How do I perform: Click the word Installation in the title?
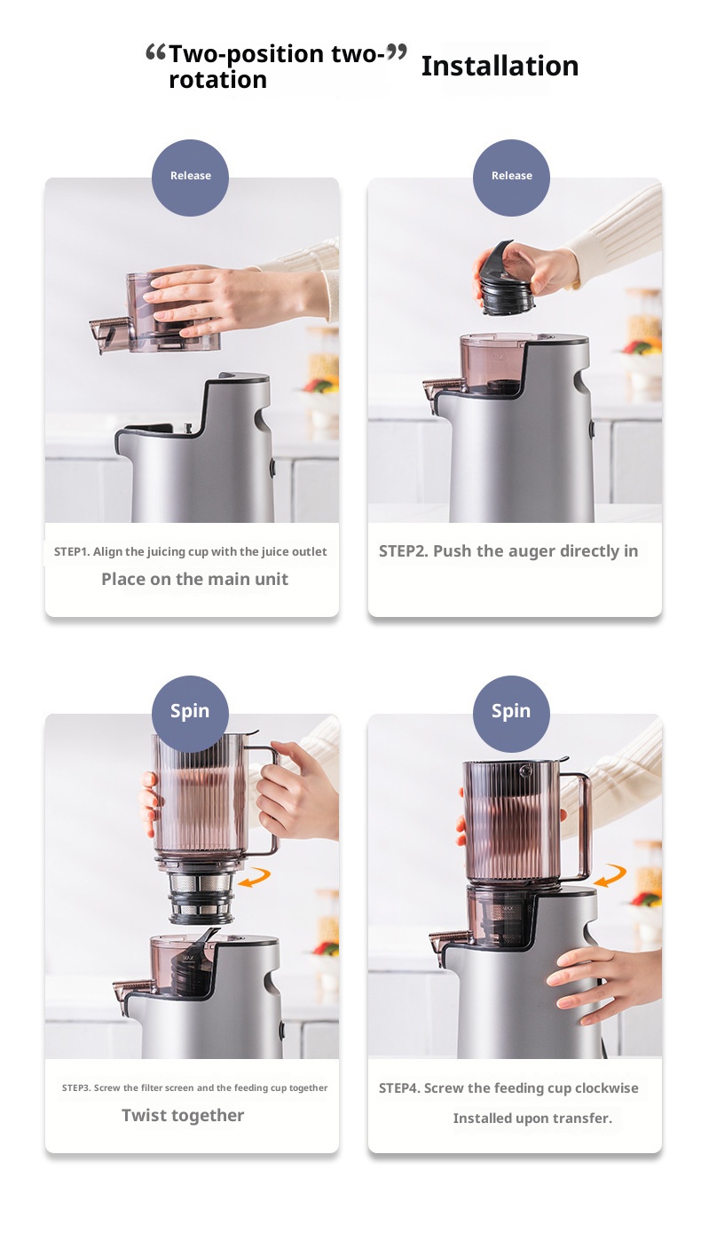(x=500, y=66)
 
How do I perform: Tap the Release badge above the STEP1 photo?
(x=190, y=177)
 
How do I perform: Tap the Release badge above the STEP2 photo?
(x=511, y=177)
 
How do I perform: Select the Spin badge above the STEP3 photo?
(x=190, y=712)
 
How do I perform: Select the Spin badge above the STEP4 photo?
(x=511, y=712)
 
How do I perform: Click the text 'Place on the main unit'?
(x=194, y=579)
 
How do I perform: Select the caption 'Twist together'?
(x=183, y=1115)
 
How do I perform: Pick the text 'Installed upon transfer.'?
(x=532, y=1118)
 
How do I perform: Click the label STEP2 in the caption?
(x=403, y=551)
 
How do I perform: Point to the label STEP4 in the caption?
(x=398, y=1088)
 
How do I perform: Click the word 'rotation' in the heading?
(x=217, y=80)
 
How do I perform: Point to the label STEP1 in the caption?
(x=71, y=552)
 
